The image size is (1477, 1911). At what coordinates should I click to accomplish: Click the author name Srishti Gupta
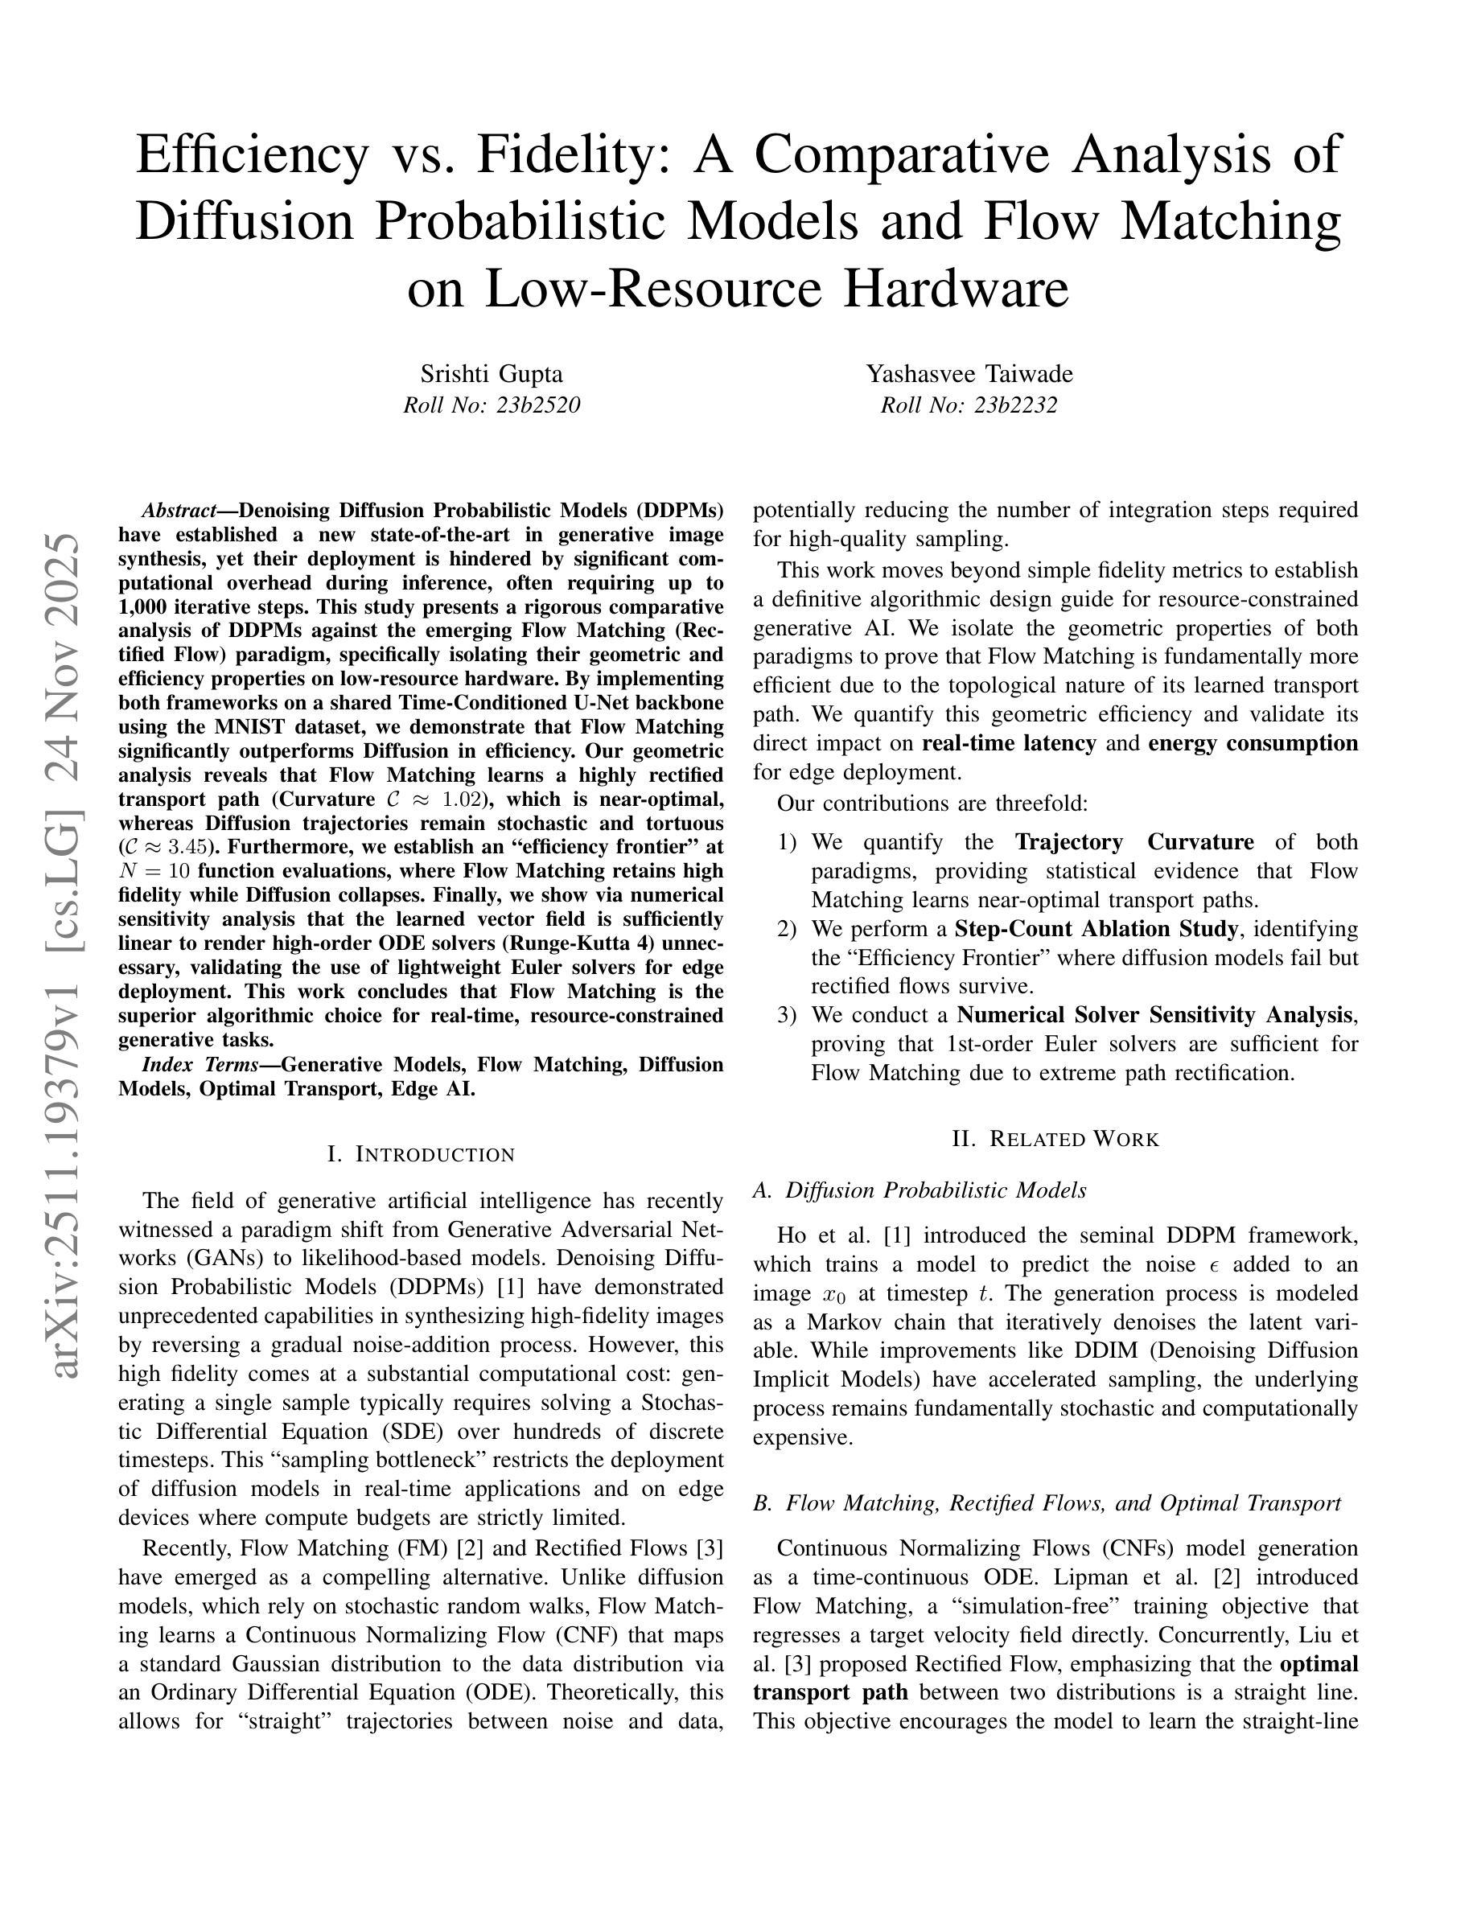coord(491,374)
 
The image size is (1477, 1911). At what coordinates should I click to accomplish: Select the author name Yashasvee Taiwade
coord(969,374)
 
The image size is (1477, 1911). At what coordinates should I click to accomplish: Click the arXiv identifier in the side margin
coord(68,954)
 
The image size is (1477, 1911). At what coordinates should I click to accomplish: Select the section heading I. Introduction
coord(421,1154)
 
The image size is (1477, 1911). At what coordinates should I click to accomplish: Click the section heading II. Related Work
coord(1055,1138)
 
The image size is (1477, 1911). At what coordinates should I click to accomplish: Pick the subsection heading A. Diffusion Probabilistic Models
coord(920,1190)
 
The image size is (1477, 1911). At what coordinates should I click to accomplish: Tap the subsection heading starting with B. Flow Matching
coord(1047,1503)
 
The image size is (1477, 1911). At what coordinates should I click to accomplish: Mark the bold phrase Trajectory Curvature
coord(1134,842)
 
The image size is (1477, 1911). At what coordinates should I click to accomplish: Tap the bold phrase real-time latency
coord(1009,743)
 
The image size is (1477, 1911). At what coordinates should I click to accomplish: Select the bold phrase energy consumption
coord(1253,743)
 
